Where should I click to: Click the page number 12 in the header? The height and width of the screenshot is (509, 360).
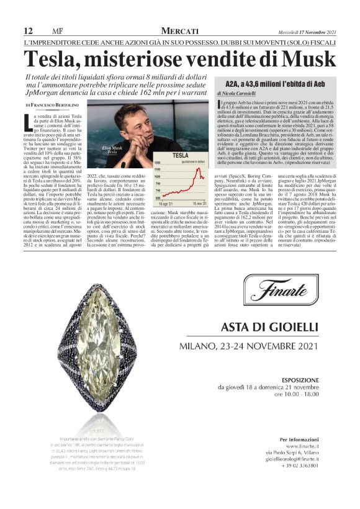point(28,30)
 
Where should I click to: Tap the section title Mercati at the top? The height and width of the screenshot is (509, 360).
point(179,30)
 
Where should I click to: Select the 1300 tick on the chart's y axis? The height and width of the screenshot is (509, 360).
point(157,161)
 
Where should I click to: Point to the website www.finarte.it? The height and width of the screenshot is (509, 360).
point(303,446)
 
